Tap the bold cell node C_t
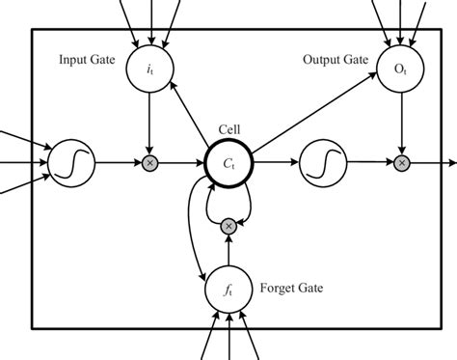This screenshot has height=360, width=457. click(x=228, y=163)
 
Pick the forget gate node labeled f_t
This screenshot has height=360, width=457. click(x=228, y=287)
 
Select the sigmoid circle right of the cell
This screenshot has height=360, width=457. click(x=323, y=163)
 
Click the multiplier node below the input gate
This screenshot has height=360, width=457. click(x=148, y=163)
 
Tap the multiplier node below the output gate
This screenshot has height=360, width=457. click(x=401, y=163)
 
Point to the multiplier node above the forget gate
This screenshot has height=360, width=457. click(x=228, y=226)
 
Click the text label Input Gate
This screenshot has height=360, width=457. click(x=88, y=60)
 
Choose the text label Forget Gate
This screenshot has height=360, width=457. click(x=290, y=287)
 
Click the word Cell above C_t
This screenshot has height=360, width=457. click(x=228, y=128)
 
